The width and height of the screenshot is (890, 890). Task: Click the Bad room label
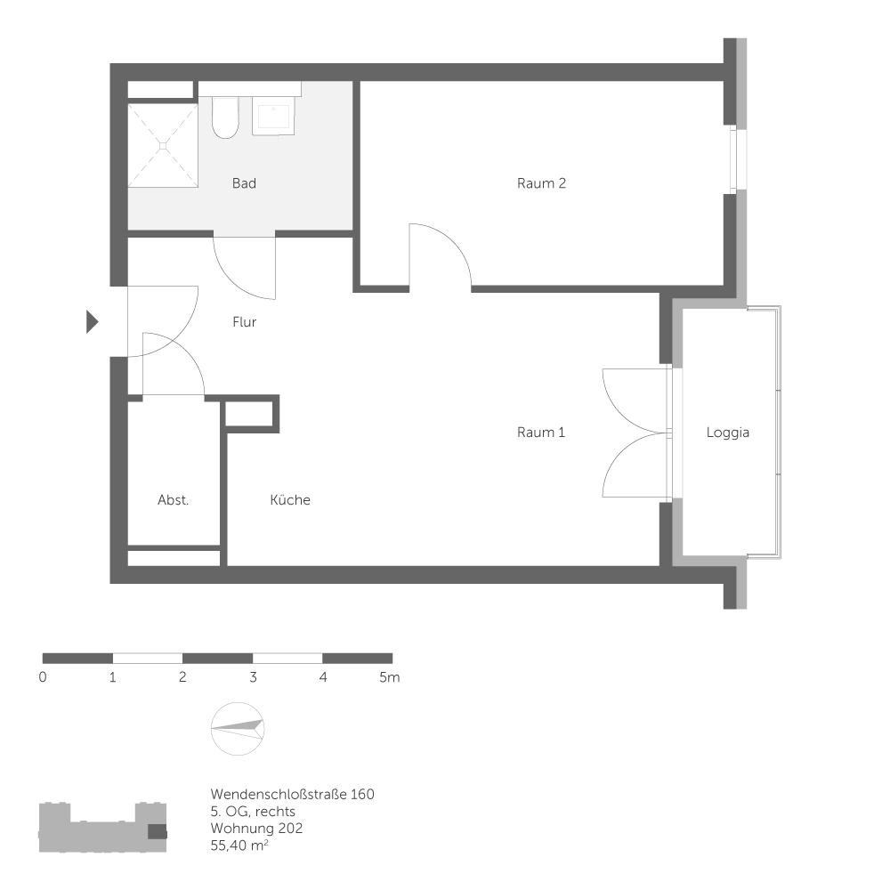click(x=244, y=183)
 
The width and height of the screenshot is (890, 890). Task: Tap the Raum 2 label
click(x=541, y=183)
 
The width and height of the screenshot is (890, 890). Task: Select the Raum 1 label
click(x=541, y=433)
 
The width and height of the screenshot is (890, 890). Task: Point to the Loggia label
click(x=728, y=433)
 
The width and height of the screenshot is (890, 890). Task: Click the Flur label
click(x=245, y=322)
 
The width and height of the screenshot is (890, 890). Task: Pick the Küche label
click(x=290, y=500)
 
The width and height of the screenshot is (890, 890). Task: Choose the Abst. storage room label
click(x=173, y=500)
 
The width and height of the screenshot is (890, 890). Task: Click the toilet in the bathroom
click(x=225, y=118)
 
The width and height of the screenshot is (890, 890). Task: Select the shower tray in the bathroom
click(x=162, y=145)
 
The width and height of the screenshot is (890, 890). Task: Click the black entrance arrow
click(x=91, y=321)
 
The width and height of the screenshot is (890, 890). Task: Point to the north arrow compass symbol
click(x=238, y=729)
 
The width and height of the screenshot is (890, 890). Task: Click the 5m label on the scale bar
click(x=389, y=677)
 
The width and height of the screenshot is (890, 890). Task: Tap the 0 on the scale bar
click(x=43, y=677)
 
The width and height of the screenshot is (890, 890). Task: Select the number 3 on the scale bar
click(x=253, y=677)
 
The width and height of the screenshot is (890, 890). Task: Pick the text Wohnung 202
click(x=256, y=828)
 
